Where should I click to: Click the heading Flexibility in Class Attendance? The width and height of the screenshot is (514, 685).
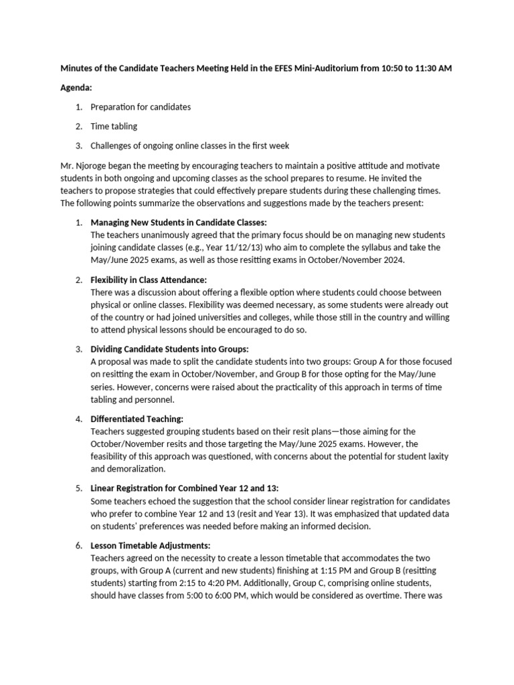coord(149,280)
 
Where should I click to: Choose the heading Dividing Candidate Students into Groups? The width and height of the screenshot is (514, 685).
coord(169,349)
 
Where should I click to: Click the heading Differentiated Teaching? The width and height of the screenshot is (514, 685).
coord(137,419)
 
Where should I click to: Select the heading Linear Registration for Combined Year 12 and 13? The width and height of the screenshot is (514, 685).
coord(189,488)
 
